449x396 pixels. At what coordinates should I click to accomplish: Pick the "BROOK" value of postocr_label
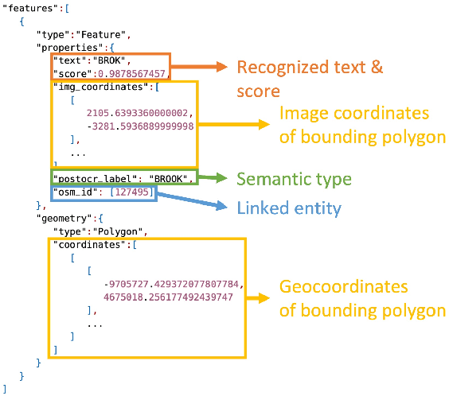point(172,178)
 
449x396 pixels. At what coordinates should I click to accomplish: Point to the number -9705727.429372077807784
point(173,284)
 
